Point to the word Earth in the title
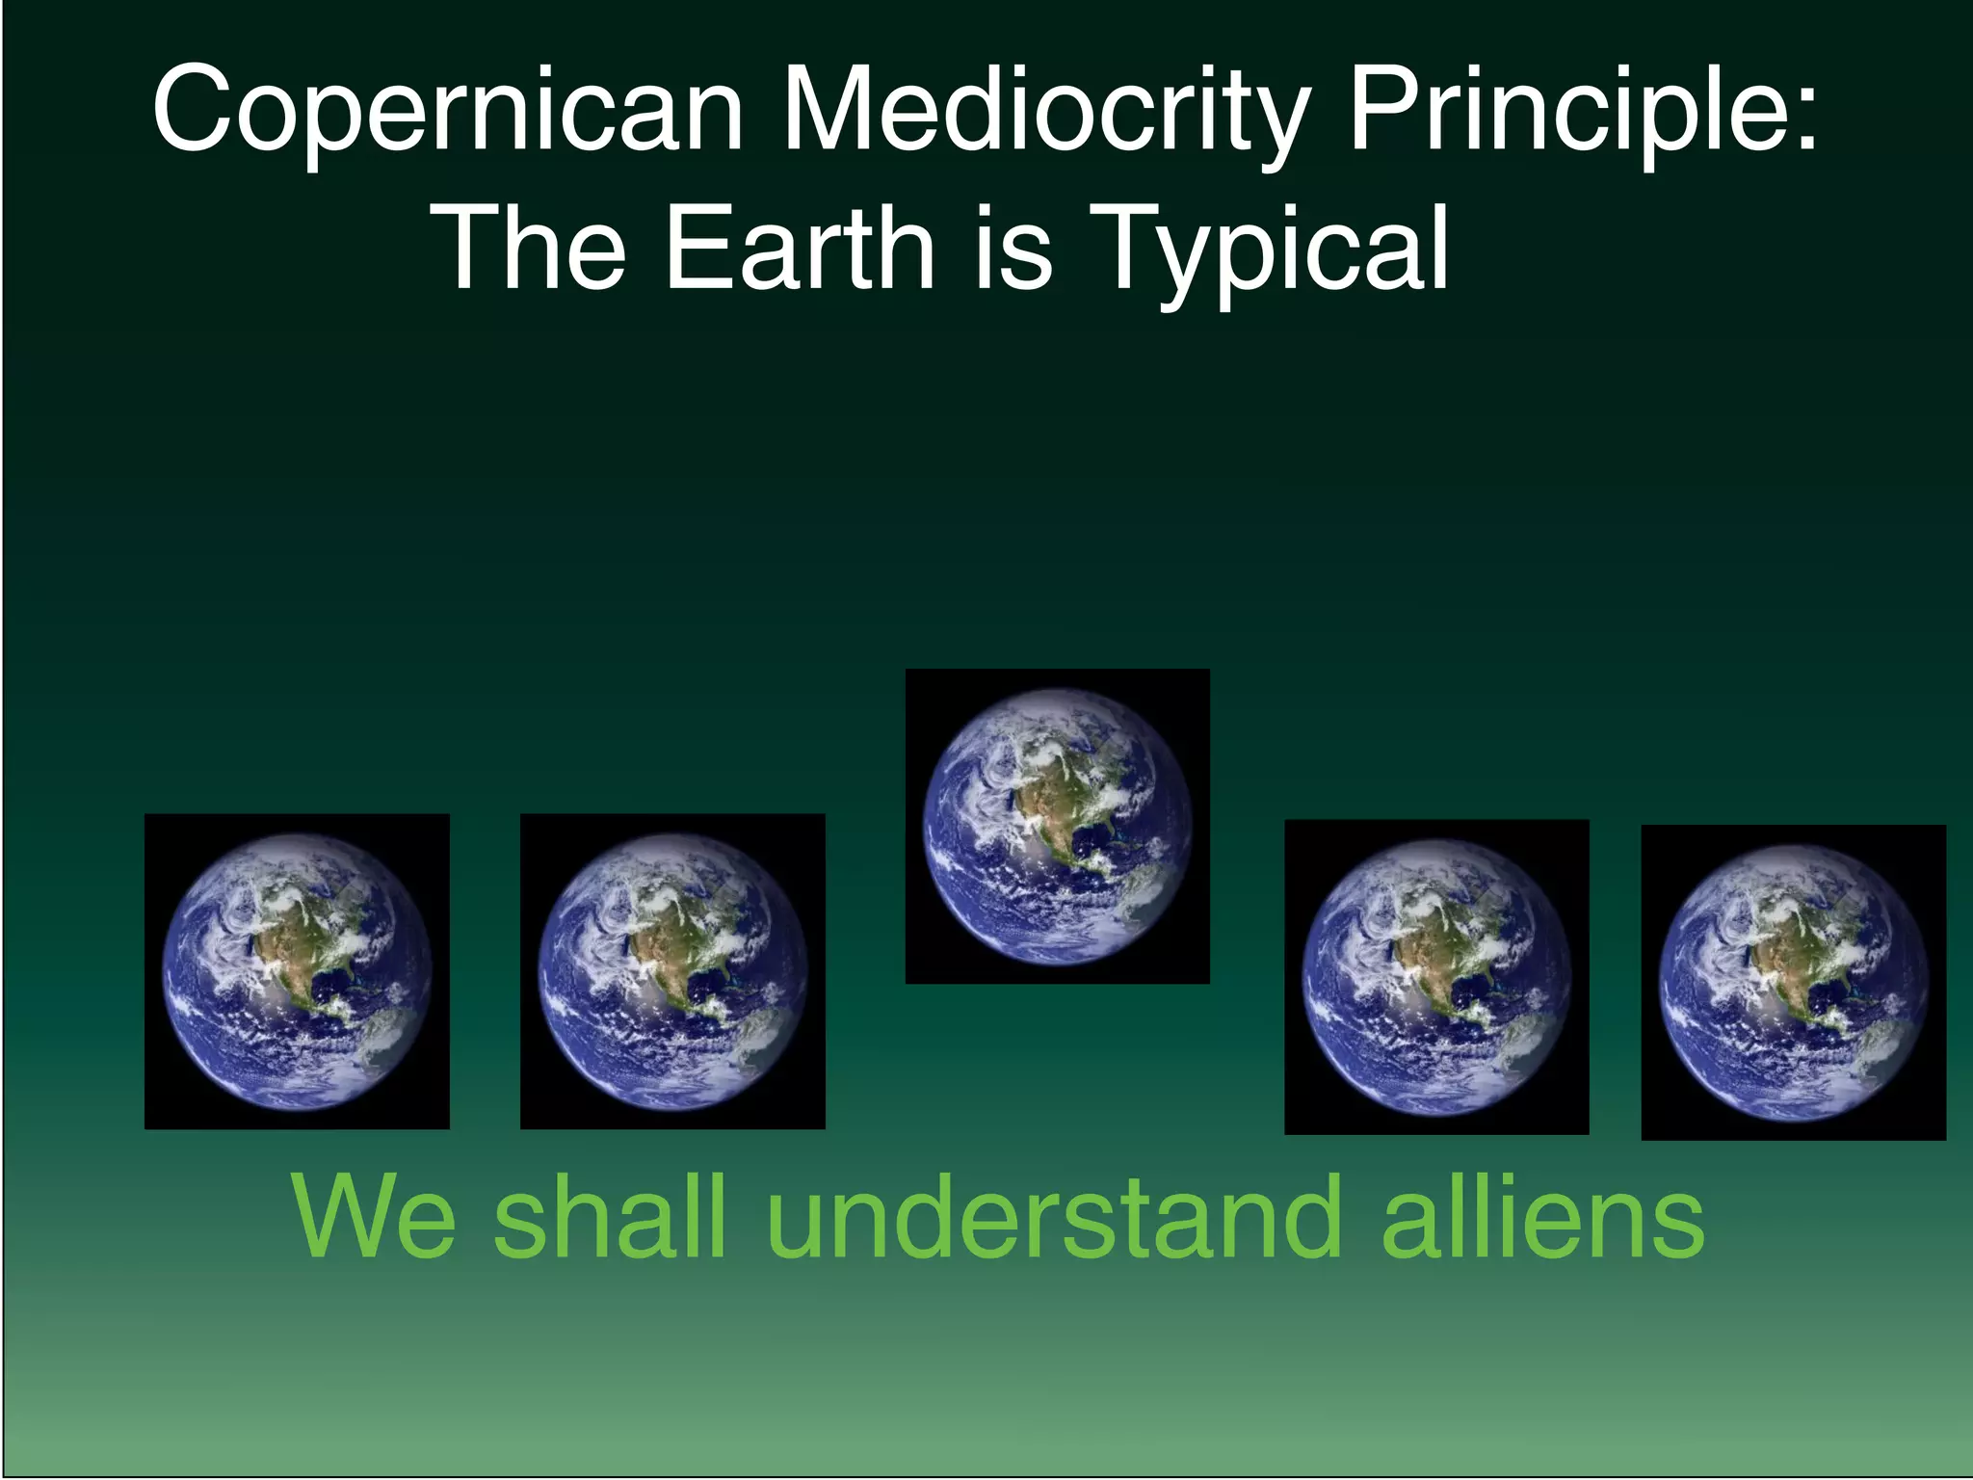pos(799,248)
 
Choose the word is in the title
pos(1012,248)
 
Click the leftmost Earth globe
pos(297,971)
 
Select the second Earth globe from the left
pos(672,971)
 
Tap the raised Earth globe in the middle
pos(1057,826)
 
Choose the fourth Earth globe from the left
pos(1436,977)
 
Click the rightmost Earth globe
pos(1793,982)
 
